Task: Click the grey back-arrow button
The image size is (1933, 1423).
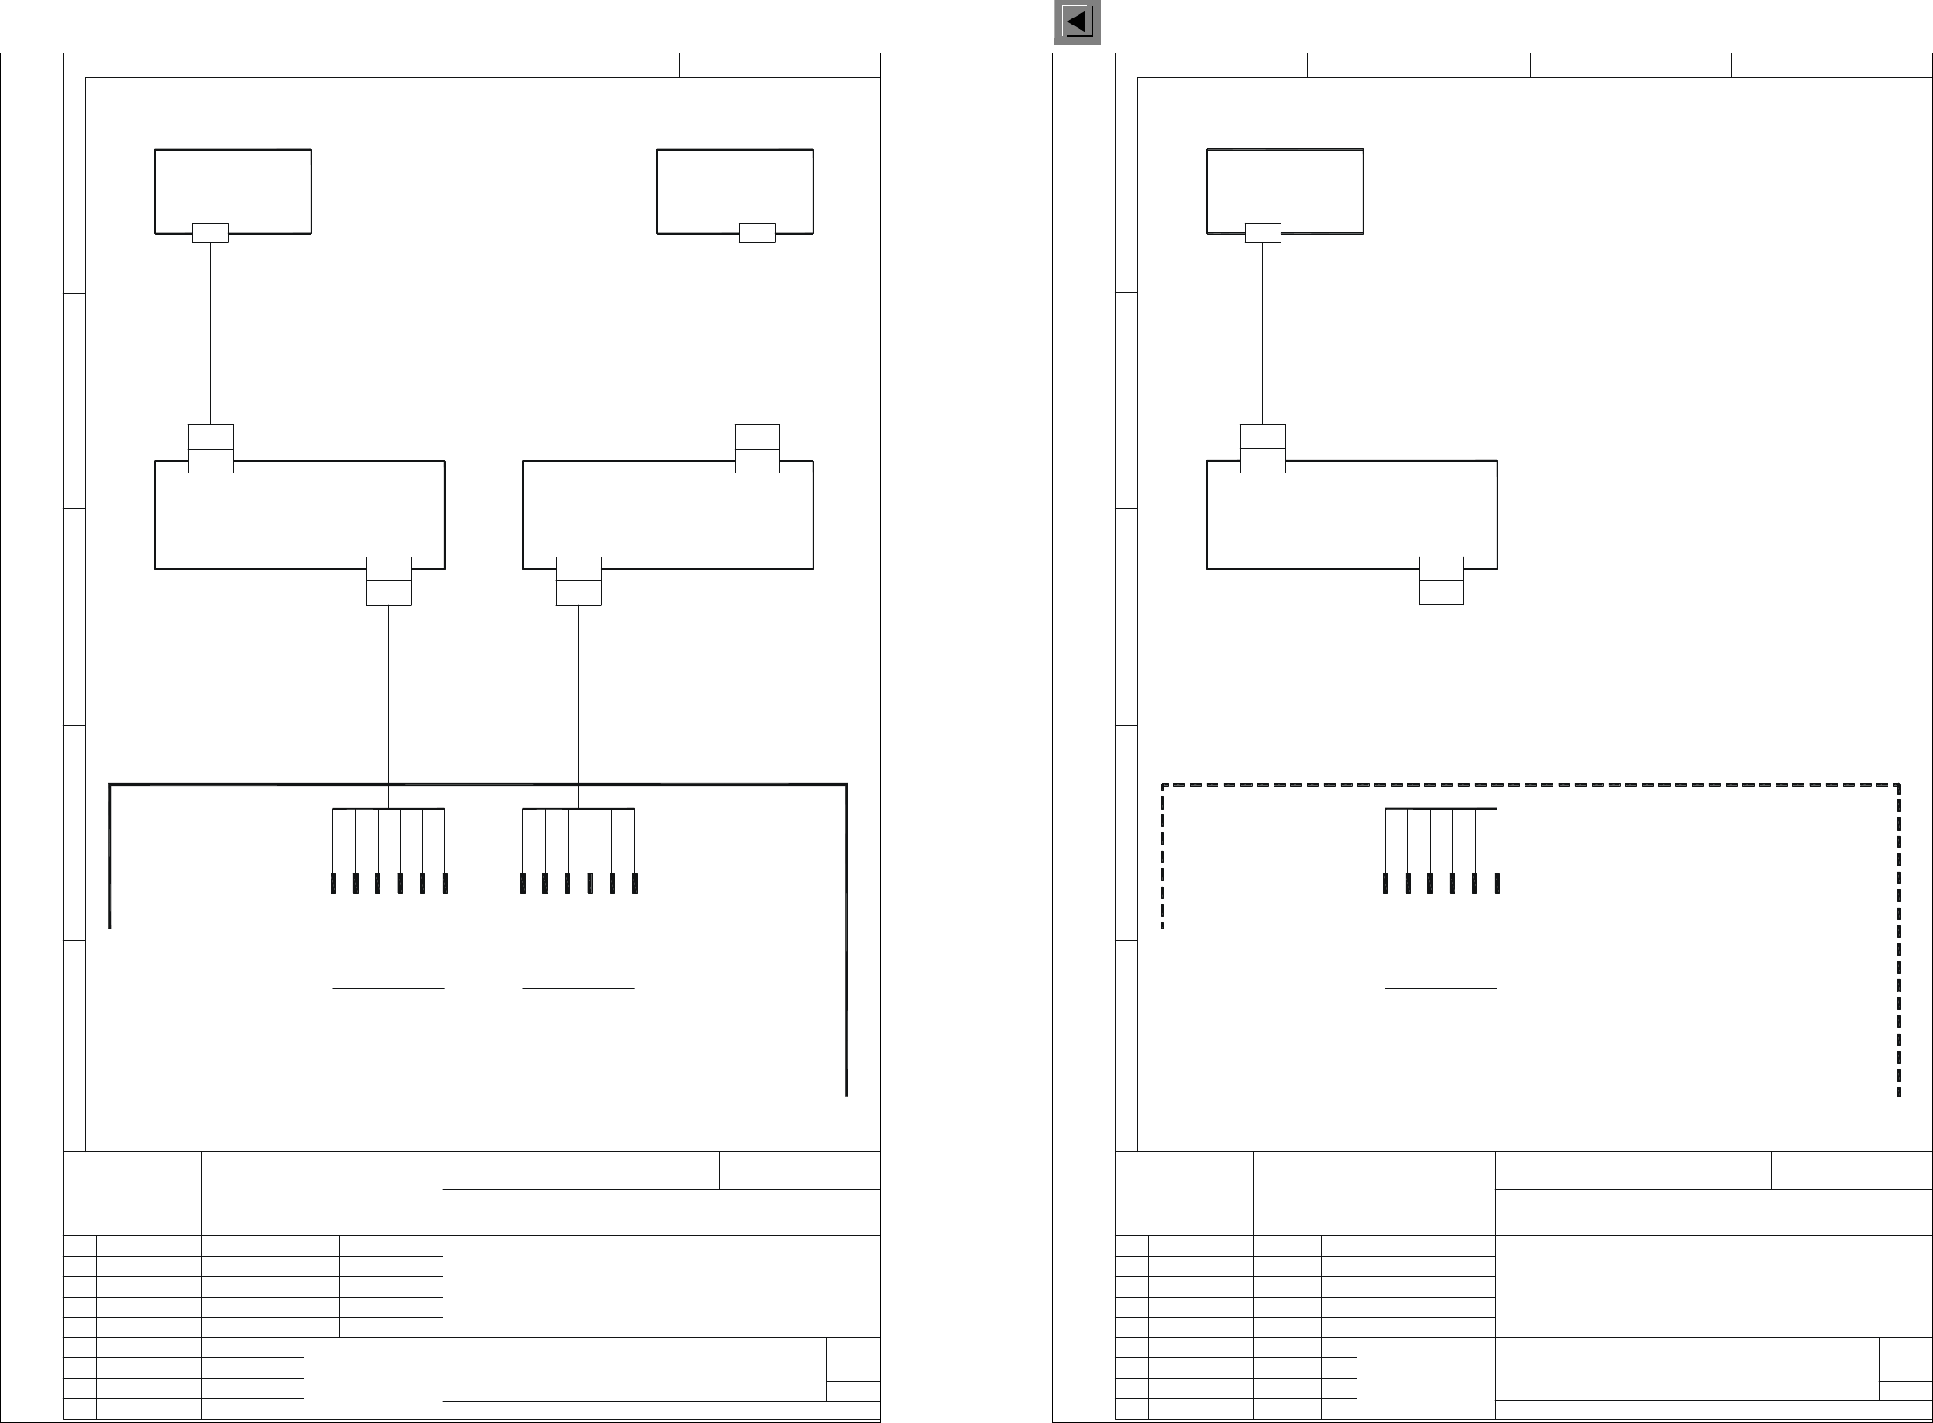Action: point(1077,23)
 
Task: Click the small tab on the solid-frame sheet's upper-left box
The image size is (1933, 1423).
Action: point(210,233)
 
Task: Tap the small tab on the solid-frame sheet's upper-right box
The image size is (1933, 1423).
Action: point(757,233)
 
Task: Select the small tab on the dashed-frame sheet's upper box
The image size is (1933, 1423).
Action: point(1262,233)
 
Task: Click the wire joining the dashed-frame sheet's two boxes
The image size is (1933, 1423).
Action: point(1262,333)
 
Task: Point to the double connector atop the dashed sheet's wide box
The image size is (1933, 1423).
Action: point(1262,449)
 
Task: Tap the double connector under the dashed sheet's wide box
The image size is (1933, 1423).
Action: point(1441,580)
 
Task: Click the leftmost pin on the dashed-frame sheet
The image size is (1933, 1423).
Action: point(1385,882)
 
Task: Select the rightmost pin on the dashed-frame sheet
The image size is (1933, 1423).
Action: point(1497,882)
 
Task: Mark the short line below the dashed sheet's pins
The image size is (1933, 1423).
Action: point(1441,988)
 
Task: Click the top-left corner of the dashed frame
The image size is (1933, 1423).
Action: point(1162,785)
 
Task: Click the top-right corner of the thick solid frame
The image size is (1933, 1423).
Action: point(846,785)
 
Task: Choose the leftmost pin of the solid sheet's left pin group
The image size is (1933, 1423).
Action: point(333,882)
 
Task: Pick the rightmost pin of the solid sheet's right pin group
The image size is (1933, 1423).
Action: point(634,882)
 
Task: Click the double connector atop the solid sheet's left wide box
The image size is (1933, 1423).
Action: point(210,449)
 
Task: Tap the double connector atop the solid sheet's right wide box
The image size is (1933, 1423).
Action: point(757,449)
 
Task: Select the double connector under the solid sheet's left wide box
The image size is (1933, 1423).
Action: point(388,580)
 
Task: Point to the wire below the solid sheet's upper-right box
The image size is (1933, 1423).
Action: point(757,333)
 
